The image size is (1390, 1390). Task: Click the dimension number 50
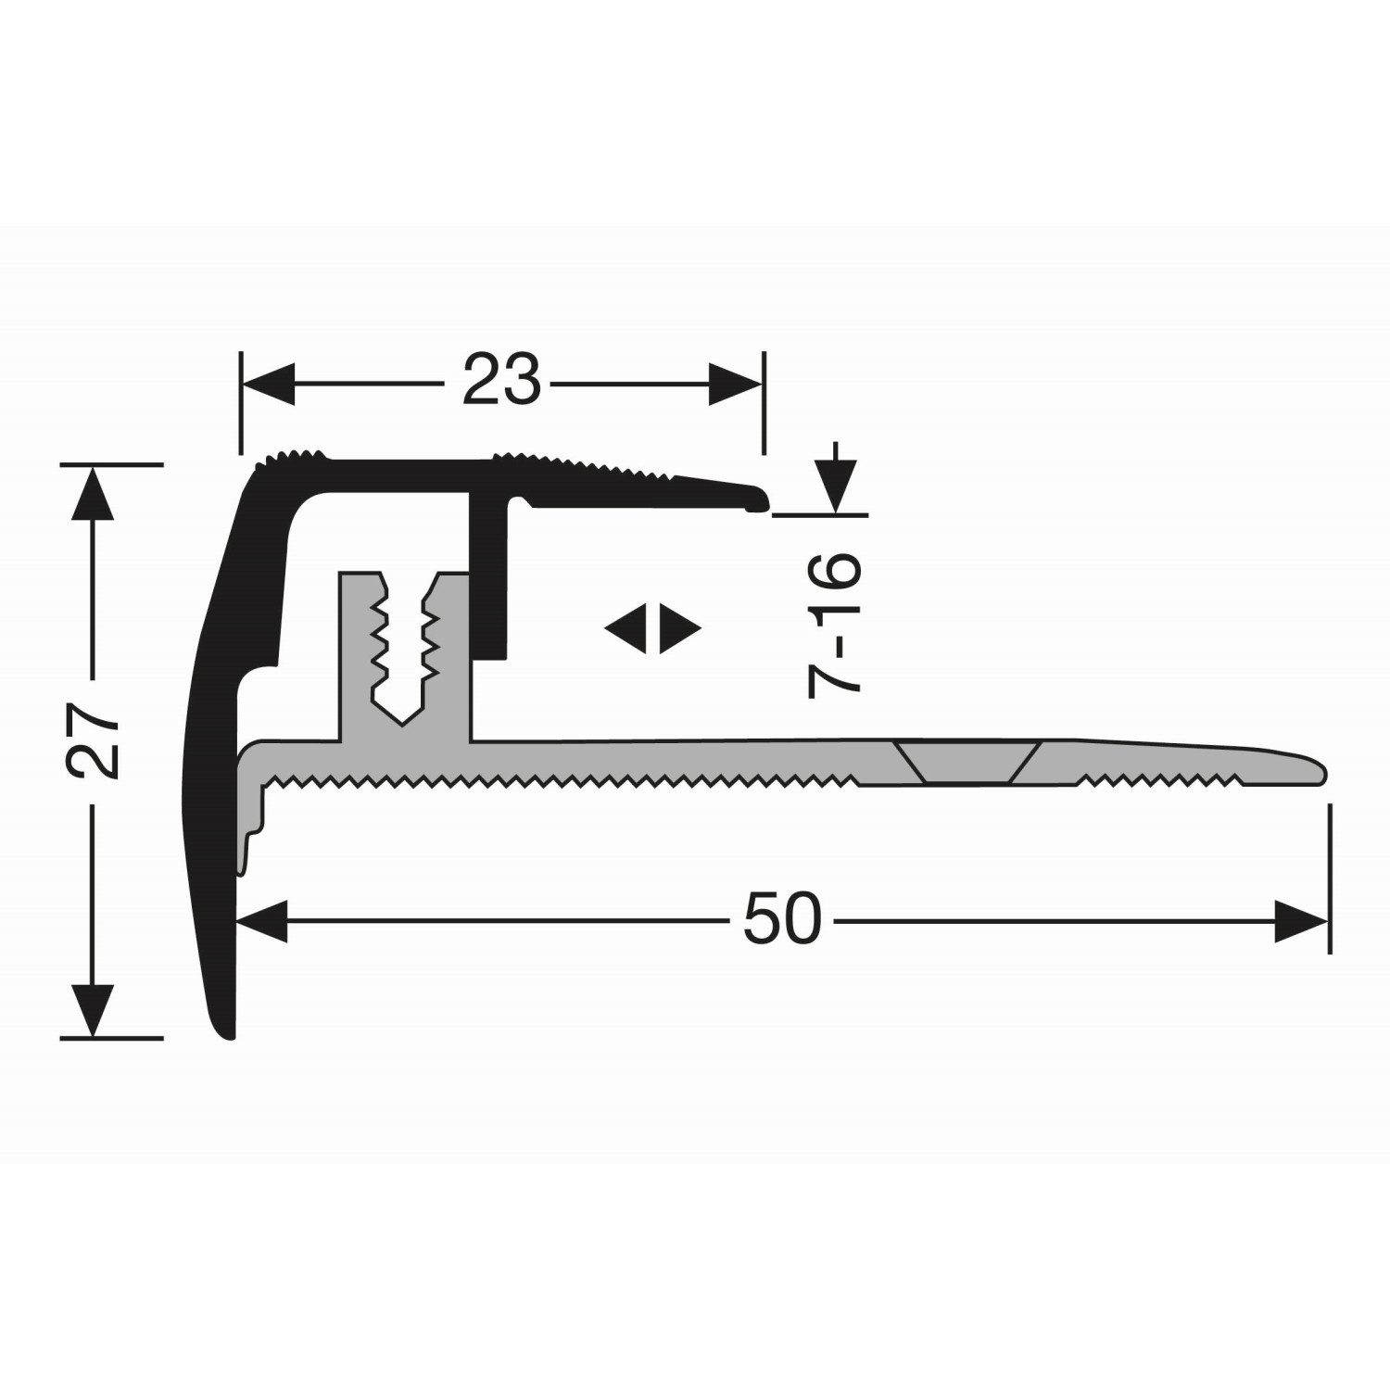(x=783, y=921)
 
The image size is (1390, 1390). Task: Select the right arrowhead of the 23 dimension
(x=737, y=384)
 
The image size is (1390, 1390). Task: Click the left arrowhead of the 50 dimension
(x=265, y=921)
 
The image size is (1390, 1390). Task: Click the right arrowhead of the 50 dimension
(x=1301, y=921)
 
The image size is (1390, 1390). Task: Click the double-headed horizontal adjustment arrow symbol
(x=653, y=630)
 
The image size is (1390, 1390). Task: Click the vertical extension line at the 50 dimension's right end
(x=1330, y=880)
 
